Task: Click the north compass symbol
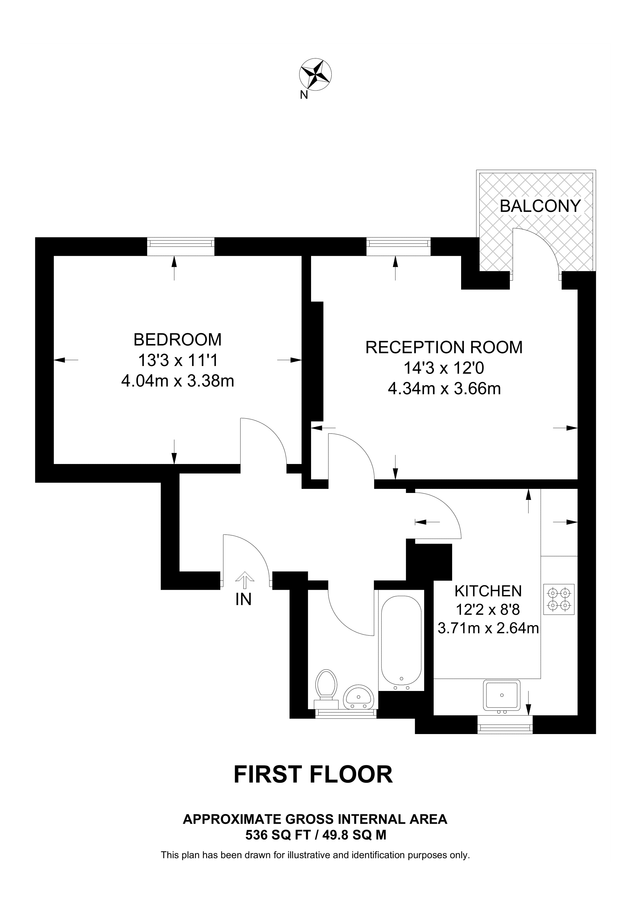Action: pos(317,74)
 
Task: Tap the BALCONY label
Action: pos(540,206)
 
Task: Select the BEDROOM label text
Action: pos(177,339)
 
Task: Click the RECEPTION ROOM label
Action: pos(444,347)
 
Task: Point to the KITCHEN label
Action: pos(488,590)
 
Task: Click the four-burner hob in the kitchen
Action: pos(558,597)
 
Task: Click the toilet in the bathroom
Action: pos(325,687)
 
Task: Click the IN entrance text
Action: pos(243,600)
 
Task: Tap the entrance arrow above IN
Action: pos(244,579)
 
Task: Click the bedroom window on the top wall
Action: pos(179,244)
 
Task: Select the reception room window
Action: pos(398,244)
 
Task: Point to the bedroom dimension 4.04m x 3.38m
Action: pos(177,380)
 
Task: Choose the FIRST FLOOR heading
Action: pos(313,773)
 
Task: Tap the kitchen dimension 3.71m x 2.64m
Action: pos(488,629)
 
